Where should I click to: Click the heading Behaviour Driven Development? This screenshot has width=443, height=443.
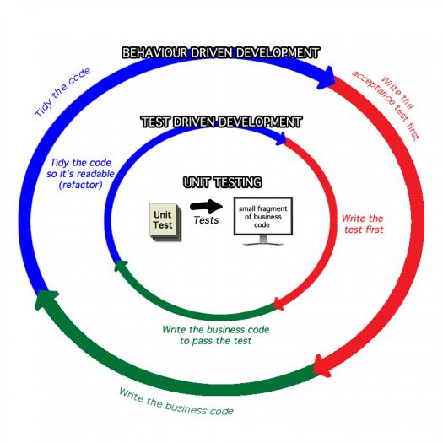(220, 53)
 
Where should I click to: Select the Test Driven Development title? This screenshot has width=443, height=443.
(221, 122)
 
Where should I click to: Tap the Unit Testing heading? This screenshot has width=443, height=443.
(223, 182)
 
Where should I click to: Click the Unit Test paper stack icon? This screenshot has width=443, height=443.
(165, 222)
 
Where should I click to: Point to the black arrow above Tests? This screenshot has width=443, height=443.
(206, 206)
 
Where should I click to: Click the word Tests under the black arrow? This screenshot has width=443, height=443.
(206, 220)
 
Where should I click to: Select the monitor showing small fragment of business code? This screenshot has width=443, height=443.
(263, 221)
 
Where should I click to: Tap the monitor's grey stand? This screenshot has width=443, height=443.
(263, 240)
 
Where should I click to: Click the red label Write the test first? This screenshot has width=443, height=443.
(363, 224)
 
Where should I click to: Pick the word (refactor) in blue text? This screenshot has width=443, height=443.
(80, 185)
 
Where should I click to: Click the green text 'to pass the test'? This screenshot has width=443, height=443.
(215, 341)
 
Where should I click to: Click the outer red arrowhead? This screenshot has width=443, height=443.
(322, 366)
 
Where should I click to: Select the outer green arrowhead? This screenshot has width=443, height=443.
(46, 300)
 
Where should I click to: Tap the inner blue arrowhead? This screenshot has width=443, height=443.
(281, 138)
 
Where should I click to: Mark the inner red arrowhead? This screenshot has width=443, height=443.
(278, 304)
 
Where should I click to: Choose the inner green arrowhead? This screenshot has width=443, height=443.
(121, 266)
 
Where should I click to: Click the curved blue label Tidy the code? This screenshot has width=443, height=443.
(62, 92)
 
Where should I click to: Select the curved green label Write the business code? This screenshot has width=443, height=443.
(176, 402)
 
